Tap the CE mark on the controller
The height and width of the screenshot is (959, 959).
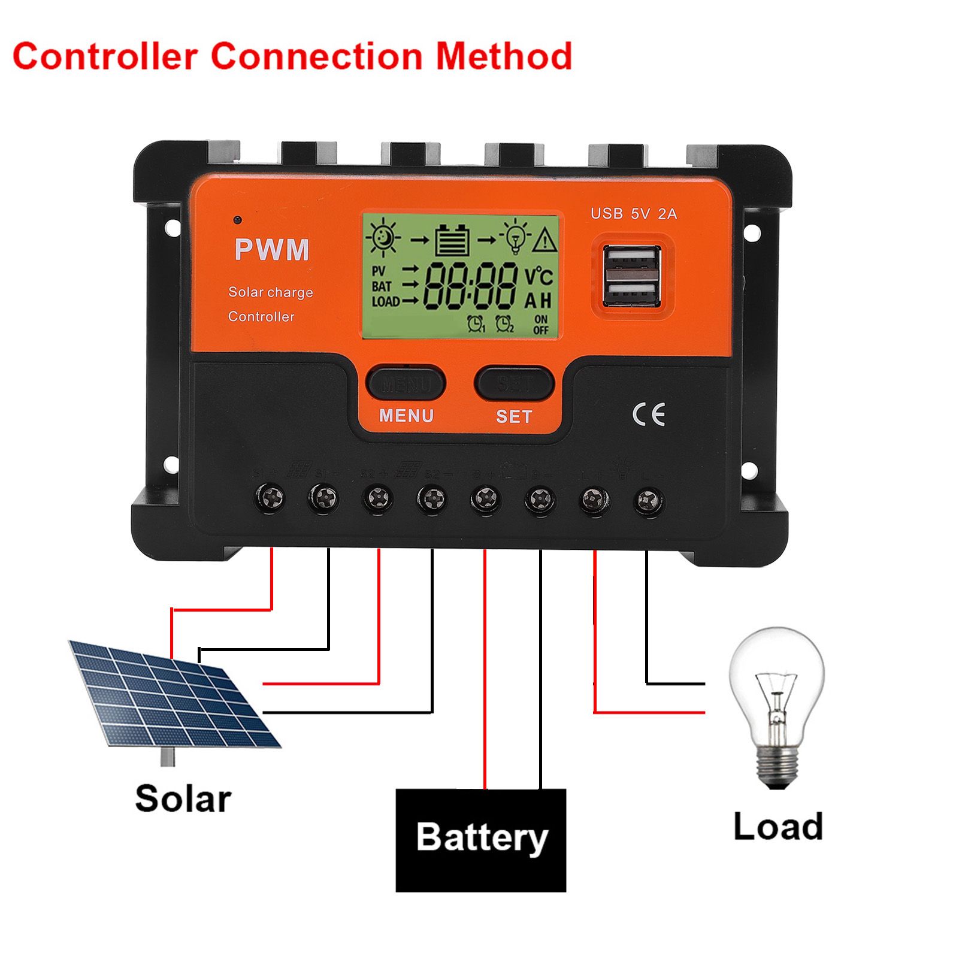[x=649, y=415]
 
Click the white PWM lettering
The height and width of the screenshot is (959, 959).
[x=272, y=249]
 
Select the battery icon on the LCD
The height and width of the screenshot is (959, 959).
[x=452, y=240]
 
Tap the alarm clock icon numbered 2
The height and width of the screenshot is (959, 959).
[x=504, y=324]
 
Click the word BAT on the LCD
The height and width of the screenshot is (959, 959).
[x=381, y=287]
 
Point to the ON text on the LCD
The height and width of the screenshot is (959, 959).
[x=540, y=319]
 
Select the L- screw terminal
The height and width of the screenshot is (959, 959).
[x=648, y=500]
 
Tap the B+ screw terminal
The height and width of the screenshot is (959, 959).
[x=486, y=498]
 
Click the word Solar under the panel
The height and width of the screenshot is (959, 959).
[x=183, y=799]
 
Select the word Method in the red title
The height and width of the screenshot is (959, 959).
[x=504, y=56]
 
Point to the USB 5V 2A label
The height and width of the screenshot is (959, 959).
[x=633, y=214]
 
